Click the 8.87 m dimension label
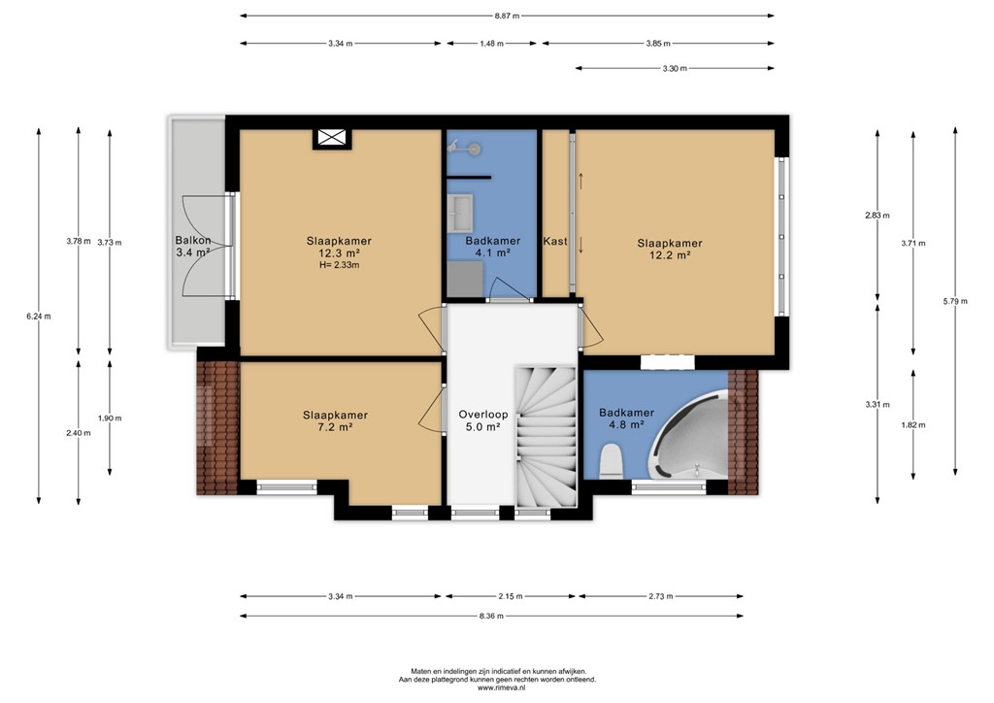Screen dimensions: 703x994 tap(507, 17)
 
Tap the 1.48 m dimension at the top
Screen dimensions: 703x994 tap(492, 44)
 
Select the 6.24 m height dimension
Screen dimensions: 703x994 tap(39, 316)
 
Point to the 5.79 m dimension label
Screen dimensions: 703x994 tap(956, 302)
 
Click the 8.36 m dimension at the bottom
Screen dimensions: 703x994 tap(492, 616)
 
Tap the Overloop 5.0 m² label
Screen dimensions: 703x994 tap(479, 419)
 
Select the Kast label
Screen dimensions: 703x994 tap(555, 241)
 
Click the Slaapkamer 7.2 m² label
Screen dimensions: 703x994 tap(335, 420)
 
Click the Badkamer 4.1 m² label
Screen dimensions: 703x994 tap(492, 247)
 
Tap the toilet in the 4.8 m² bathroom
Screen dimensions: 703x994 tap(612, 459)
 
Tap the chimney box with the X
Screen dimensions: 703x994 tap(331, 139)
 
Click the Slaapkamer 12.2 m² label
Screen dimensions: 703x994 tap(670, 249)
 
